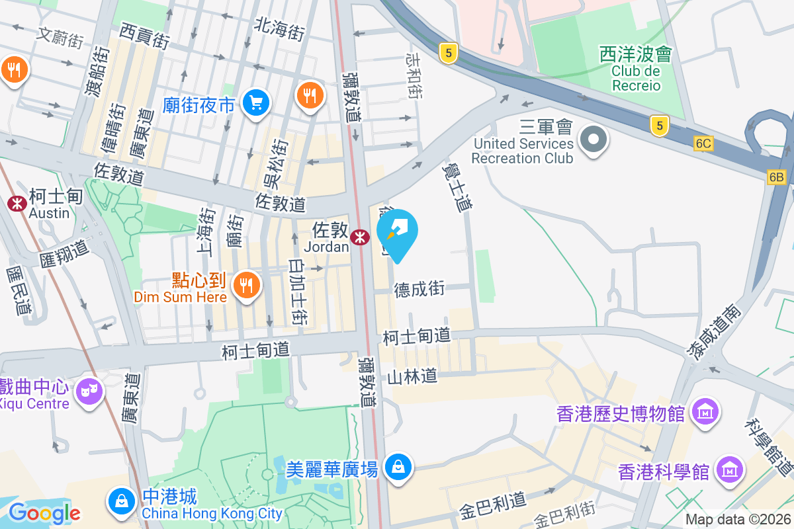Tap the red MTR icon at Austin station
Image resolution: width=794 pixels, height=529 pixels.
[17, 204]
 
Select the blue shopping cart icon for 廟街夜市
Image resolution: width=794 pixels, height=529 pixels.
[255, 103]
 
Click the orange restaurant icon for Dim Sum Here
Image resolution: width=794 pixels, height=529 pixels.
[247, 285]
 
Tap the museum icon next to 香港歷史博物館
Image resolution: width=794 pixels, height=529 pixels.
[705, 413]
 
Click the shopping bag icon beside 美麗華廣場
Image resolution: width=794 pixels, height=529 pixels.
[398, 468]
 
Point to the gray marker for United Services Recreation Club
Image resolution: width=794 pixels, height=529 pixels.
[594, 139]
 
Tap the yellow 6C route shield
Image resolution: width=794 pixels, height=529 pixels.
[703, 143]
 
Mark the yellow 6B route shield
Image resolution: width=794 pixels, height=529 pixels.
[776, 177]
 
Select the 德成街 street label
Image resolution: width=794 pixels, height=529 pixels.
[420, 290]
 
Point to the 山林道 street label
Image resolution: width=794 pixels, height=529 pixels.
[412, 377]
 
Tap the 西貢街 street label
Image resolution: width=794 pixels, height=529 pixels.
[144, 35]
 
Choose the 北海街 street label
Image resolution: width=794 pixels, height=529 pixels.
[280, 28]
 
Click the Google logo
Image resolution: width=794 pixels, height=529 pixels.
[44, 512]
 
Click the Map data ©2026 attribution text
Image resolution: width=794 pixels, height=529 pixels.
[738, 520]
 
